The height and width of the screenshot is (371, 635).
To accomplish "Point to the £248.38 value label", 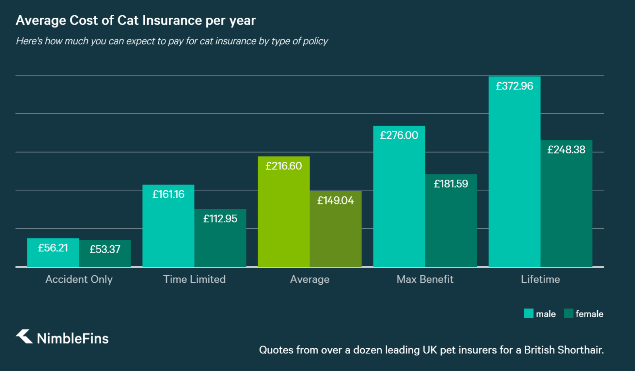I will click(x=566, y=150).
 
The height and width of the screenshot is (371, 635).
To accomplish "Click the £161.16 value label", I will click(x=168, y=194).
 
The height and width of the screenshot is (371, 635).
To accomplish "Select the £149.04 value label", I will click(x=335, y=200).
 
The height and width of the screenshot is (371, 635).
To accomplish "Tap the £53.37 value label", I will click(x=105, y=249).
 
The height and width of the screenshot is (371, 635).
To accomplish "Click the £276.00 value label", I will click(x=399, y=136).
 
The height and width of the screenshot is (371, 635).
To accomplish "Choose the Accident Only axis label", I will click(x=79, y=279).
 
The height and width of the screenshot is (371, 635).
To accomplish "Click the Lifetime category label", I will click(x=540, y=279).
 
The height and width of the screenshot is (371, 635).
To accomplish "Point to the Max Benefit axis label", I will click(x=425, y=279).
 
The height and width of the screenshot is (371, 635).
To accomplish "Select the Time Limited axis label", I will click(x=194, y=279).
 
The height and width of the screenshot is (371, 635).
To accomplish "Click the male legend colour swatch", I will click(x=529, y=313).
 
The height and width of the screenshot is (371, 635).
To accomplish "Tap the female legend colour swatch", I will click(x=568, y=313).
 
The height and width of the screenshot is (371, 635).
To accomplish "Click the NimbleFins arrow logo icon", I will click(x=24, y=336).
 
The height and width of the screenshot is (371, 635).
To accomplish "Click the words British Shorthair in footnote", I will click(x=564, y=350).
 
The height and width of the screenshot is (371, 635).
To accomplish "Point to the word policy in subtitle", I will click(x=316, y=41).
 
